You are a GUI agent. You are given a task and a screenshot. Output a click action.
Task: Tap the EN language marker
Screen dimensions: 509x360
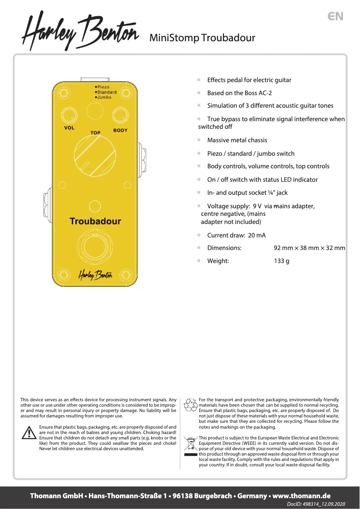click(335, 16)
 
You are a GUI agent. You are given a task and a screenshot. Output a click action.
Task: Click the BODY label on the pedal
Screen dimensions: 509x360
click(120, 130)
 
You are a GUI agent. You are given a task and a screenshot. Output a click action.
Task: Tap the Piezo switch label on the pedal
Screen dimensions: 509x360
click(103, 87)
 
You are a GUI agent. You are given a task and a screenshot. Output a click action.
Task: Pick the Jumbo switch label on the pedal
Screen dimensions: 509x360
click(104, 97)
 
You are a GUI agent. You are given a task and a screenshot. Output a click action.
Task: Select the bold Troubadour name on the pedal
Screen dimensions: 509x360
click(95, 221)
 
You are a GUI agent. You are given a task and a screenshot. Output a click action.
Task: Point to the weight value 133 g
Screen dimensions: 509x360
click(281, 261)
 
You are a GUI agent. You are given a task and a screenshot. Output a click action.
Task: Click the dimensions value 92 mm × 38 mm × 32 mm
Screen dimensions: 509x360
click(309, 248)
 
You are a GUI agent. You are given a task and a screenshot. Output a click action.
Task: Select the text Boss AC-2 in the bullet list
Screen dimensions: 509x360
click(257, 93)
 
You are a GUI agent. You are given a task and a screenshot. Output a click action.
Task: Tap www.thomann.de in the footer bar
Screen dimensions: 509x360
click(301, 496)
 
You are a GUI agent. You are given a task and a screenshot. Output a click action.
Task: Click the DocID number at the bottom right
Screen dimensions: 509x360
click(322, 505)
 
